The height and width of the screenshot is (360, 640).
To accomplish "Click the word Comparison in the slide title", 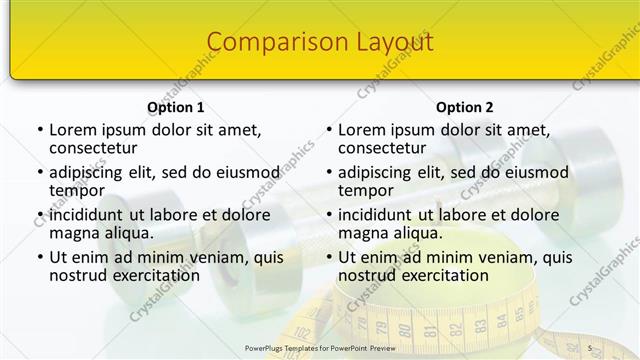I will [x=266, y=42].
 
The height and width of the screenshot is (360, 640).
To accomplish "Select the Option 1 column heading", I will [x=175, y=107].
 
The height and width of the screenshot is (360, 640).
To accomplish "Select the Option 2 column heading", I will [x=464, y=107].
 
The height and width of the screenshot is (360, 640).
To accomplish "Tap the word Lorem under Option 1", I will [x=71, y=129].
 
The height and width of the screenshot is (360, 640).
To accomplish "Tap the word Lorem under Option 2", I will [x=360, y=129].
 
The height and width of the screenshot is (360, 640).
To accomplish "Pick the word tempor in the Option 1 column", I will [x=77, y=190].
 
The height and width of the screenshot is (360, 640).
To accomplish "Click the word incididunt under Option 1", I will [x=92, y=214].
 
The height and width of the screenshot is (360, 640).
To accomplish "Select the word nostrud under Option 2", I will [x=367, y=275].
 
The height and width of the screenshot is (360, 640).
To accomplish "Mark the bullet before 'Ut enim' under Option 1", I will [x=40, y=257].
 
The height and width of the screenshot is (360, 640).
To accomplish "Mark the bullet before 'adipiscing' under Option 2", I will [x=329, y=172].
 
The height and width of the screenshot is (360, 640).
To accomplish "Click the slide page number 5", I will [x=590, y=347].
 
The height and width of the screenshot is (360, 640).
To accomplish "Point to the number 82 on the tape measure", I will [x=454, y=326].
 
